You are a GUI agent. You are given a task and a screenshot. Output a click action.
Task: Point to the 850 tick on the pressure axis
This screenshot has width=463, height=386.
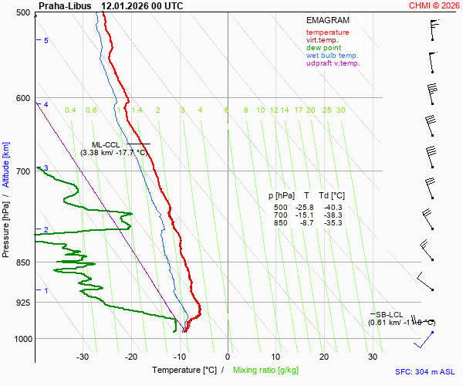pyautogui.click(x=22, y=262)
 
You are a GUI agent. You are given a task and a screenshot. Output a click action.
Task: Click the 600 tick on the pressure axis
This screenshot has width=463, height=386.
pyautogui.click(x=22, y=98)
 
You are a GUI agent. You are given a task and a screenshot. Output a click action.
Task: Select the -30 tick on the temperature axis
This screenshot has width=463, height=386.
pyautogui.click(x=83, y=357)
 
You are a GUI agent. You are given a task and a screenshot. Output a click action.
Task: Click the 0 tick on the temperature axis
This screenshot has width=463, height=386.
pyautogui.click(x=228, y=357)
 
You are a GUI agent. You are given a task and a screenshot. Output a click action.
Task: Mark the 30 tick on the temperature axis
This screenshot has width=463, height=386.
pyautogui.click(x=373, y=357)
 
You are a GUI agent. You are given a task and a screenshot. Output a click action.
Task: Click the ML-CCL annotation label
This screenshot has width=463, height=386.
pyautogui.click(x=106, y=144)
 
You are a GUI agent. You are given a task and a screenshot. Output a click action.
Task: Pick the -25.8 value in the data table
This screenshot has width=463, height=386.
pyautogui.click(x=306, y=208)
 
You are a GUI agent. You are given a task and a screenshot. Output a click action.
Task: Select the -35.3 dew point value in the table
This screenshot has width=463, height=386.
pyautogui.click(x=333, y=223)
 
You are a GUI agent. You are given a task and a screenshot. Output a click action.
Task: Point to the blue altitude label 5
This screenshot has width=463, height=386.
pyautogui.click(x=46, y=40)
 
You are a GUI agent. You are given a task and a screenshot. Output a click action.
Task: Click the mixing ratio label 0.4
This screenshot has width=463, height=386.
pyautogui.click(x=70, y=110)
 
